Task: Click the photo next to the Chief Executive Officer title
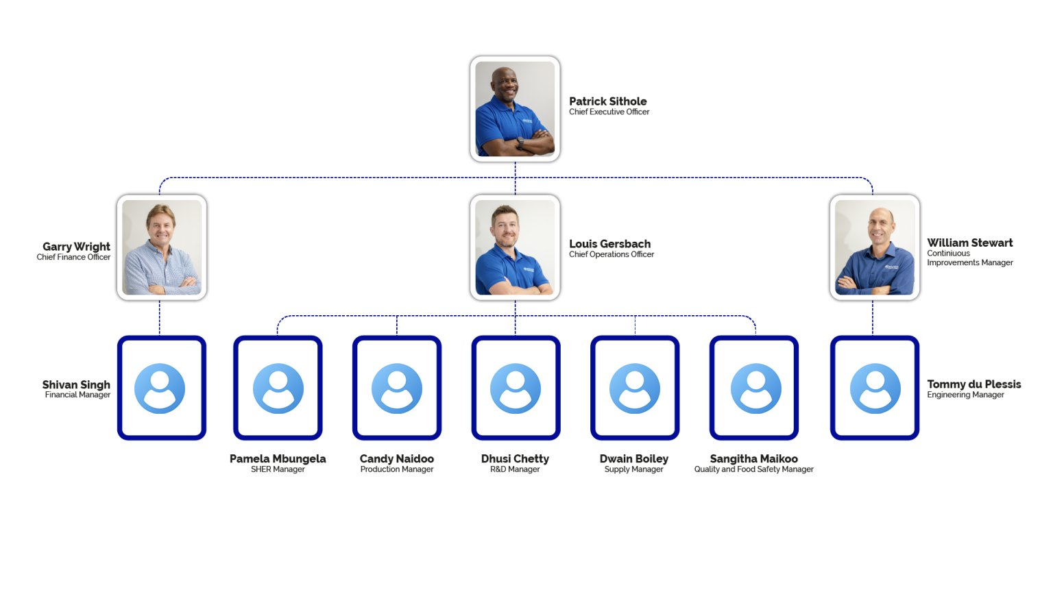515,108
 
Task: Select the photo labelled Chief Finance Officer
162,247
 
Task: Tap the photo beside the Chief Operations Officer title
515,247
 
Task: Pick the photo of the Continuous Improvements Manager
874,247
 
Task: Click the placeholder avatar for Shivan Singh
160,388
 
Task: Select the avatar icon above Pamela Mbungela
278,388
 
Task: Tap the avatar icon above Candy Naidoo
397,388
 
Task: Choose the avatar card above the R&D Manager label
516,388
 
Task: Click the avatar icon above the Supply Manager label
635,388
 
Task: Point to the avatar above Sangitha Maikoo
755,388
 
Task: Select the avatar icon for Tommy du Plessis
875,388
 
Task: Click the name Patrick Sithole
607,101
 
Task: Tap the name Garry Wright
76,246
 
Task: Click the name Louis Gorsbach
609,243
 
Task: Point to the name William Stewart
969,243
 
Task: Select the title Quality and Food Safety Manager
753,469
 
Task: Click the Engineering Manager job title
965,395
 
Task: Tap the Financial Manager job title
77,395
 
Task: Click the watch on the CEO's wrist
520,143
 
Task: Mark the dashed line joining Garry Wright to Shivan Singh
160,317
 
